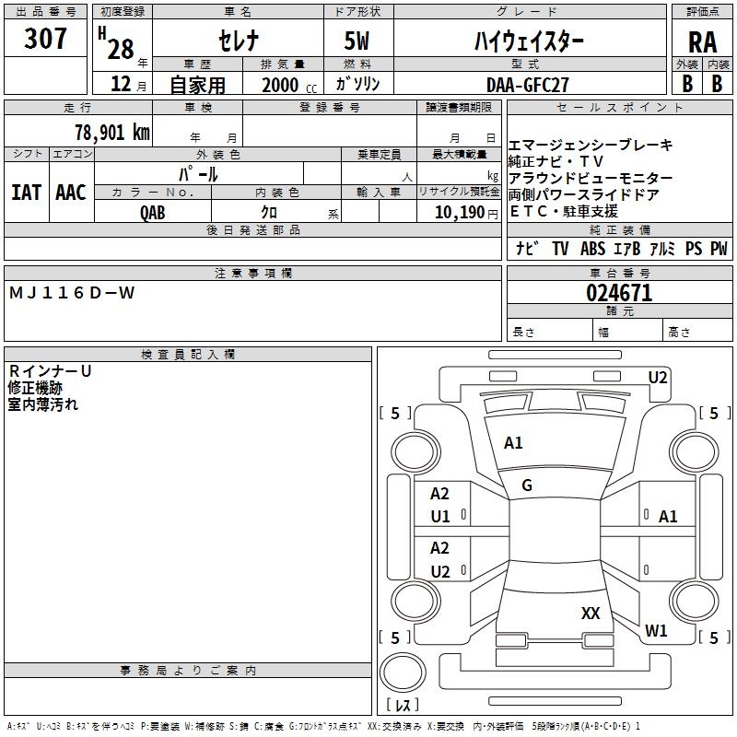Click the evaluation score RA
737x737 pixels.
tap(702, 41)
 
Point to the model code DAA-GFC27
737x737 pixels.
tap(528, 84)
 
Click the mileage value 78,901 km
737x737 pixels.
tap(111, 132)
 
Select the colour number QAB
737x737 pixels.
tap(153, 212)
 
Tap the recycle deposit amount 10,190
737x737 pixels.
tap(456, 212)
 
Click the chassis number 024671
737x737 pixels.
tap(619, 293)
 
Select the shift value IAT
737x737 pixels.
tap(27, 193)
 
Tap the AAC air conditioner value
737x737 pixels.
tap(70, 193)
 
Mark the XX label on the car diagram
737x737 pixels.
tap(591, 613)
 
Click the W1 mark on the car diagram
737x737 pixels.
tap(656, 631)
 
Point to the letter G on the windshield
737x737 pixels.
tap(527, 485)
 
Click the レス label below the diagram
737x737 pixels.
tap(402, 706)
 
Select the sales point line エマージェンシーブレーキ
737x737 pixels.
tap(591, 146)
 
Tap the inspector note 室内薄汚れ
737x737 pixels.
tap(43, 404)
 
